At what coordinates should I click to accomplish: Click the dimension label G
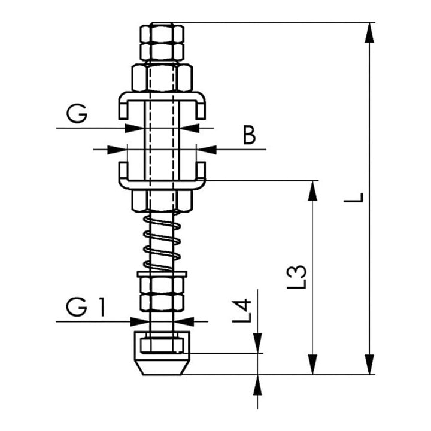point(77,113)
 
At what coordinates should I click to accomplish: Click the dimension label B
point(250,135)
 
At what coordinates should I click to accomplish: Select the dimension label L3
point(296,277)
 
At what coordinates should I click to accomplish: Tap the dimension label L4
point(242,311)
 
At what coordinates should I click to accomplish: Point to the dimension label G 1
point(86,307)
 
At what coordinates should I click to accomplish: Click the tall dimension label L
point(354,198)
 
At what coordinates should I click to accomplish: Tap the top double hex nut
point(162,42)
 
